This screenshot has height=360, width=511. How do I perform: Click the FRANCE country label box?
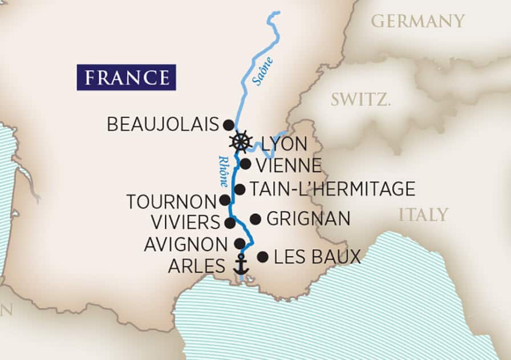point(126,77)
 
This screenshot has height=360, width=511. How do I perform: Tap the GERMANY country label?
point(418,21)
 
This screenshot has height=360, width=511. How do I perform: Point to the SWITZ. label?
point(361,100)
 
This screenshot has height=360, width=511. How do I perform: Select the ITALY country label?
point(423,215)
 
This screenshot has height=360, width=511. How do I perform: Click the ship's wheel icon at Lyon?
point(241,141)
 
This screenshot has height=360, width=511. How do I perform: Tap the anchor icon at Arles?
point(242,264)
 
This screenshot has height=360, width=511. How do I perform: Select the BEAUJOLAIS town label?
point(163,124)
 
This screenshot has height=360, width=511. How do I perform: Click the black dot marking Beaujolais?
point(228,124)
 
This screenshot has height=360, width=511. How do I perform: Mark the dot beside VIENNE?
point(245,164)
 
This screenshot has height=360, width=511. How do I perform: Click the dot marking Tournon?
point(225,200)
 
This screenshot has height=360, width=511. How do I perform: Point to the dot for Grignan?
point(255,219)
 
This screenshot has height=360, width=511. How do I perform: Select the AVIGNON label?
point(185,244)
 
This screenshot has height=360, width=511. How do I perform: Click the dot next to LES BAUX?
point(262,257)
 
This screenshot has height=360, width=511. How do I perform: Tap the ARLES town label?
point(197,266)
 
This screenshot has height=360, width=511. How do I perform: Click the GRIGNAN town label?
point(308,219)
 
